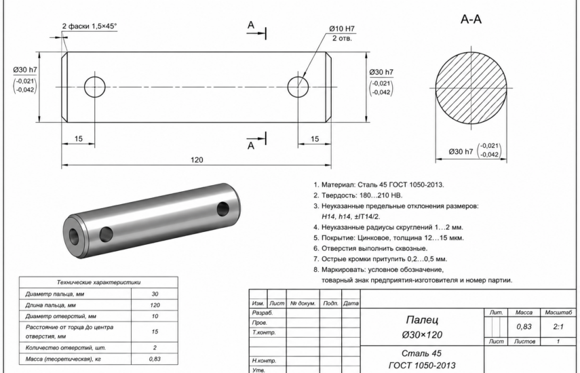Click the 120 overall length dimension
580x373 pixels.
(197, 159)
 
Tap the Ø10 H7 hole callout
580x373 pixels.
(342, 28)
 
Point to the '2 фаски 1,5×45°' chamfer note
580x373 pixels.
(90, 26)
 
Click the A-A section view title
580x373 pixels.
(471, 19)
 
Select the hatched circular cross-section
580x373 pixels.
(471, 87)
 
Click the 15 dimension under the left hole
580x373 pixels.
(79, 138)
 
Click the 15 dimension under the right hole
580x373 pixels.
(314, 138)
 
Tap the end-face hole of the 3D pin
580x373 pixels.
(74, 236)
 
